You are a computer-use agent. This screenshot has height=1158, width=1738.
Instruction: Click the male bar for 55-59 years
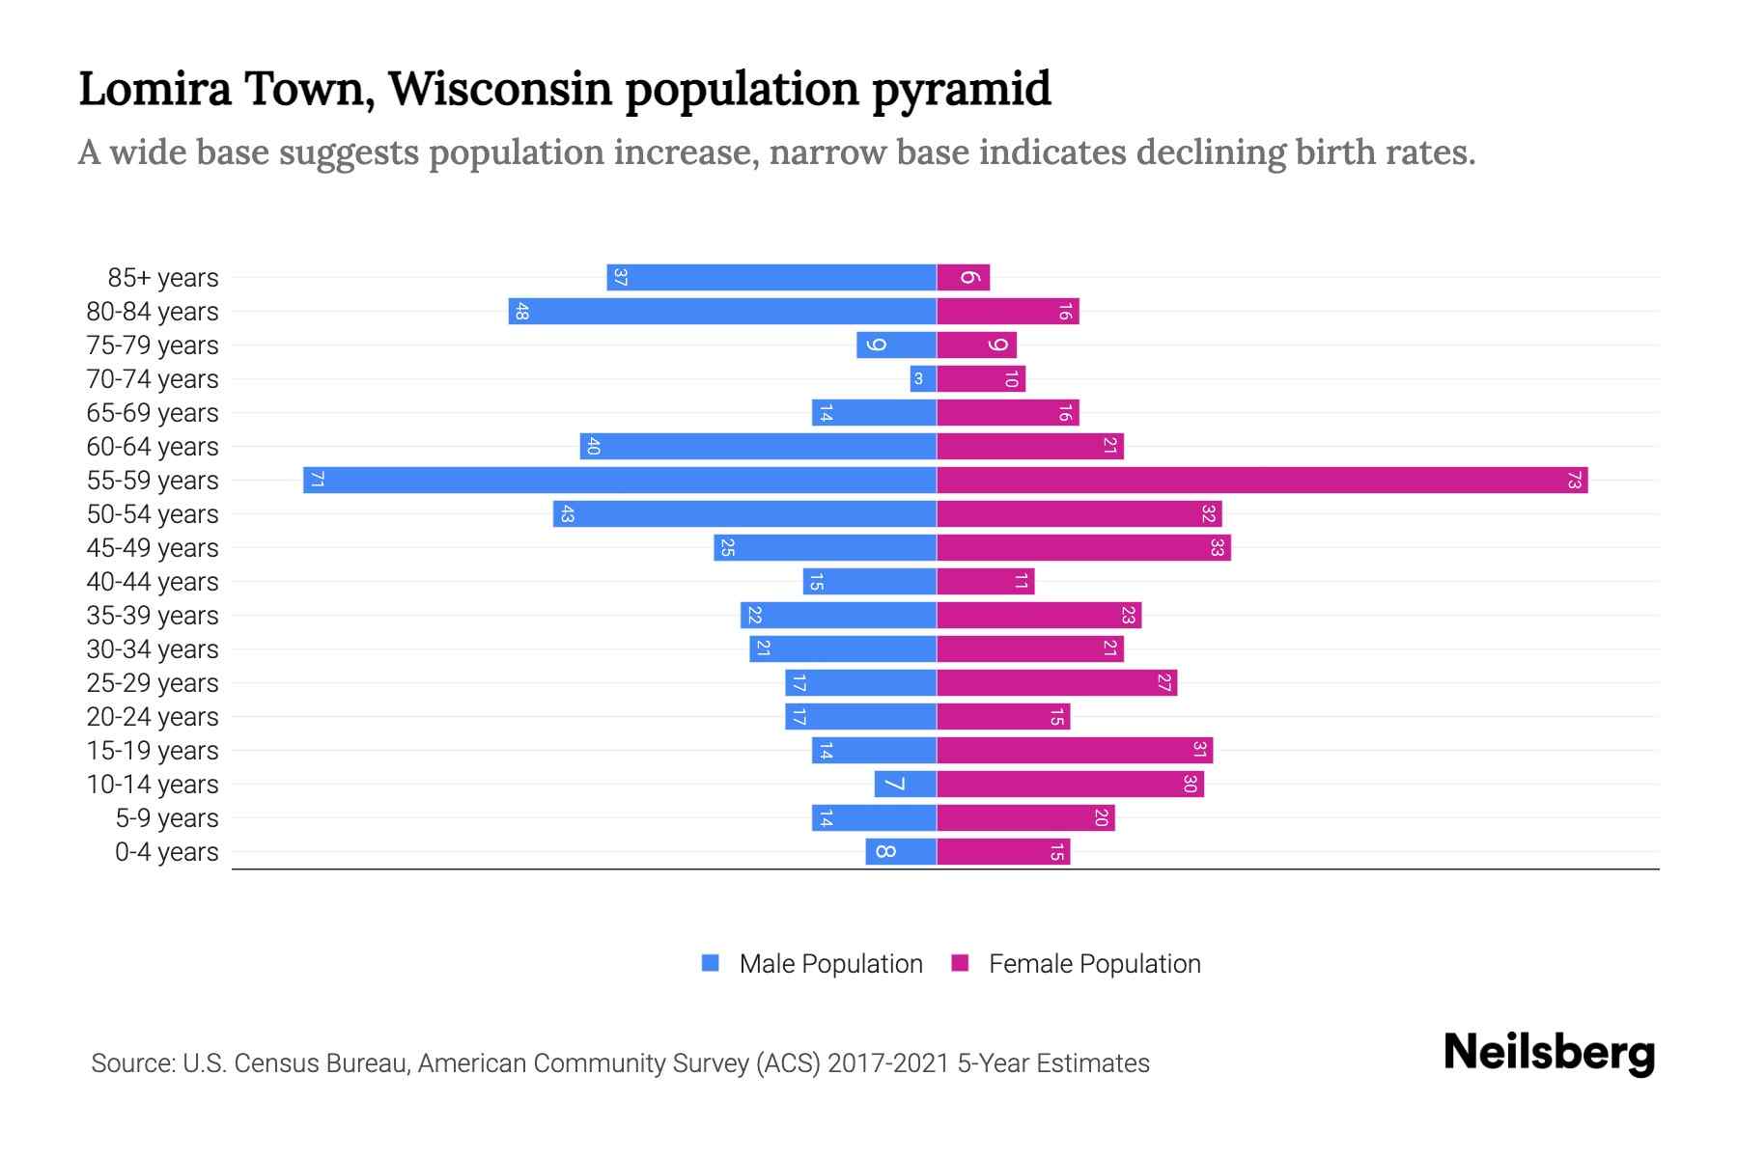620,480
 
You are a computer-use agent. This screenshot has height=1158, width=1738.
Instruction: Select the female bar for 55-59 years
1262,480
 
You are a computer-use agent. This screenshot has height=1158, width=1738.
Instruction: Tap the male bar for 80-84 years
722,311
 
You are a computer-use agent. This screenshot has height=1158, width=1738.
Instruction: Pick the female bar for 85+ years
963,277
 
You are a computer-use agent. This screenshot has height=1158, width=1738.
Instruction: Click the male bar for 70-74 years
923,378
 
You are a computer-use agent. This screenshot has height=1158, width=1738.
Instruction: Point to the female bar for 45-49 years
1083,547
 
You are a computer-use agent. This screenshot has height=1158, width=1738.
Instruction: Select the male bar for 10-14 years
905,784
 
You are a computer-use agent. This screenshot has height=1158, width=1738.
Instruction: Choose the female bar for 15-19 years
1075,750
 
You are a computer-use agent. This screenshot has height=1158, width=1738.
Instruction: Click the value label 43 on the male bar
568,514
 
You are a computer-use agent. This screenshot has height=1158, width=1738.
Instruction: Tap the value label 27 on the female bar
1163,682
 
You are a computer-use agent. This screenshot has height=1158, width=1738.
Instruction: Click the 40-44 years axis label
153,581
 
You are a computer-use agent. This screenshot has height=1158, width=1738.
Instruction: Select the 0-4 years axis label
166,851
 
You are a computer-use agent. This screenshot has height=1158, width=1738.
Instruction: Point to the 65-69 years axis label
153,412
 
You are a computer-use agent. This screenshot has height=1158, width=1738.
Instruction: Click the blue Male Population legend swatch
711,963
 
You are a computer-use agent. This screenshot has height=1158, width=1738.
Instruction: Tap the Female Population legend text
1094,963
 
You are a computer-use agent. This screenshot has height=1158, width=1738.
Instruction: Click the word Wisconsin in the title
499,89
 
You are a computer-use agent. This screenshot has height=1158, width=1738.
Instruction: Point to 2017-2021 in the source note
888,1062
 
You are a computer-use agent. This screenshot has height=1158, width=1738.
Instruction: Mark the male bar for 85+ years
771,277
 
